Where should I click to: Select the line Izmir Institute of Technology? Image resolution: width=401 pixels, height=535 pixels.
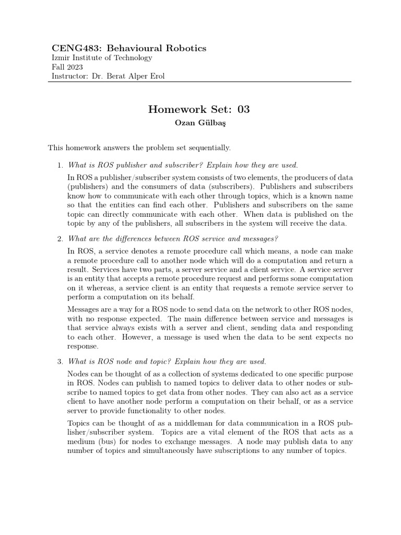pyautogui.click(x=102, y=58)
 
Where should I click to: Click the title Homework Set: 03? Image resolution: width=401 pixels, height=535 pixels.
pyautogui.click(x=199, y=109)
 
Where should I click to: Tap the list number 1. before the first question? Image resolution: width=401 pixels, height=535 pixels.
pyautogui.click(x=60, y=166)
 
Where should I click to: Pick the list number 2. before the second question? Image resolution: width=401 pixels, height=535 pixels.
pyautogui.click(x=60, y=239)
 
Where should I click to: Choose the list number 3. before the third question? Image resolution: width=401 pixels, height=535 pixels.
pyautogui.click(x=60, y=362)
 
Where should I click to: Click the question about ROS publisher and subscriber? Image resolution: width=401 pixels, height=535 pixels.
pyautogui.click(x=183, y=166)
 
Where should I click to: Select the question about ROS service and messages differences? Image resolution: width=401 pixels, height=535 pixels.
pyautogui.click(x=172, y=239)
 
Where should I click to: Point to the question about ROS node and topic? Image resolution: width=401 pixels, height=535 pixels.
pyautogui.click(x=167, y=362)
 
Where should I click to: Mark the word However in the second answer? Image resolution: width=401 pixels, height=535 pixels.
pyautogui.click(x=141, y=337)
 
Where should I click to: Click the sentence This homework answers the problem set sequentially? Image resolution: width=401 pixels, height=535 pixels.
pyautogui.click(x=139, y=148)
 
